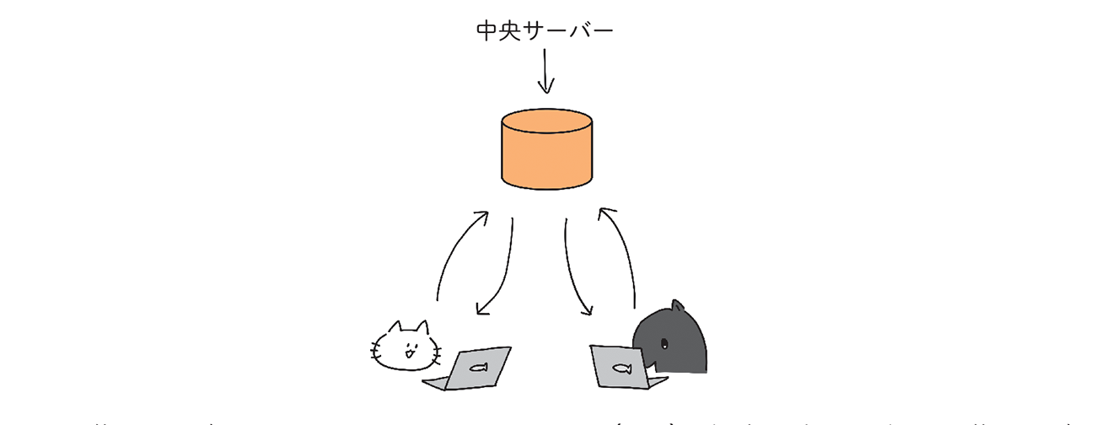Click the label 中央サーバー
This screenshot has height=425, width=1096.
544,31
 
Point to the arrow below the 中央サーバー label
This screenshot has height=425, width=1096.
545,71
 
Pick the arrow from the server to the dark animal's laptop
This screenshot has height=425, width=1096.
576,270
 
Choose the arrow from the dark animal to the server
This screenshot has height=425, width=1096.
621,253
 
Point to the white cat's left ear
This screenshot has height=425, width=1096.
394,328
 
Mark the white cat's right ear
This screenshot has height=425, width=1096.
422,326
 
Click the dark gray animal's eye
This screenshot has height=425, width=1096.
664,343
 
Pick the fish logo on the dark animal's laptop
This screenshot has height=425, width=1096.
622,367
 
